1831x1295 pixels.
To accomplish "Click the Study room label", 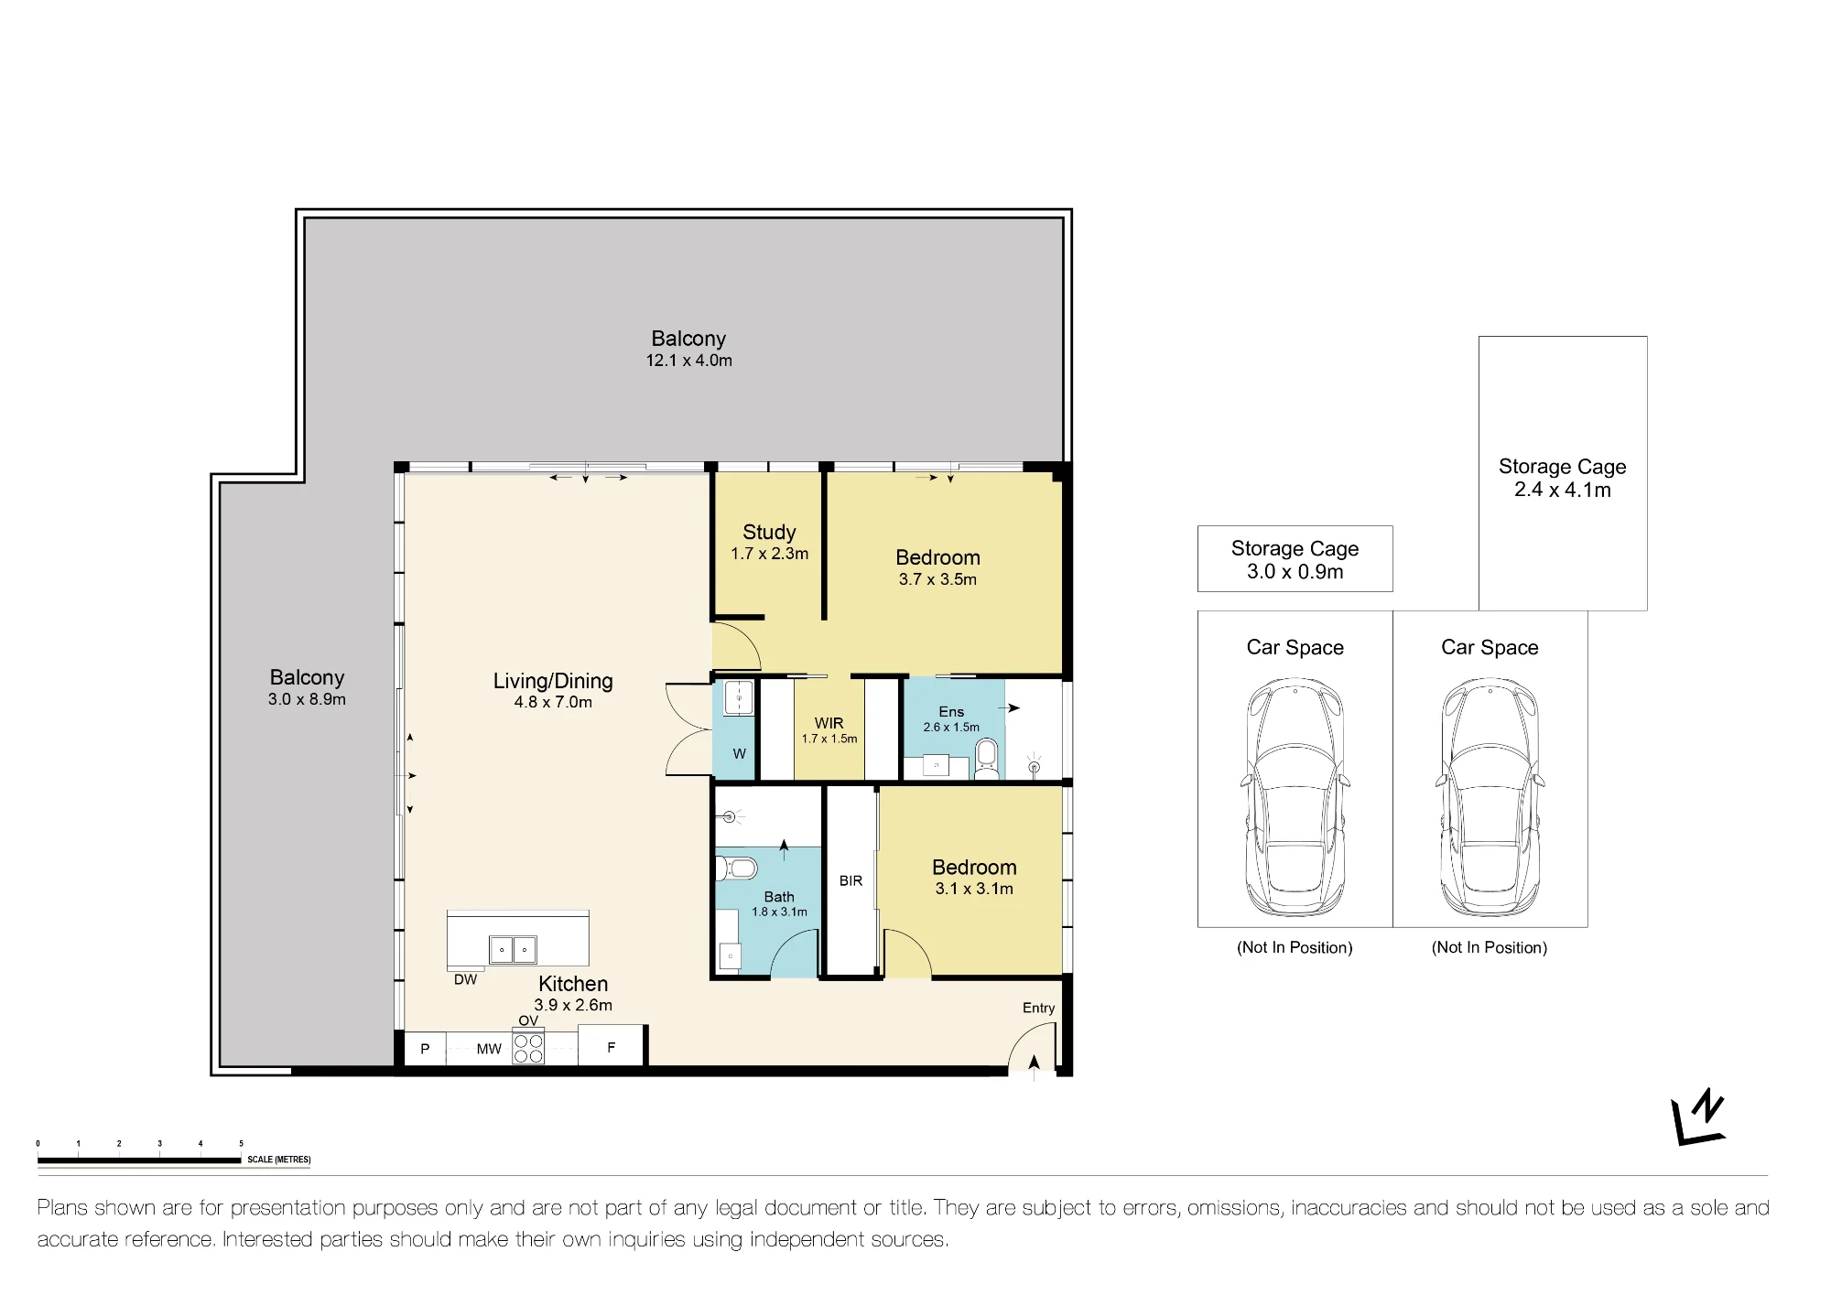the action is point(769,532).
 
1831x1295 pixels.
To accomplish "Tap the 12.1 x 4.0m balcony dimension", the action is point(688,361).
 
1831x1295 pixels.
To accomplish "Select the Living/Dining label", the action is point(553,681).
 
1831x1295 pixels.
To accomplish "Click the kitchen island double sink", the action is point(513,950).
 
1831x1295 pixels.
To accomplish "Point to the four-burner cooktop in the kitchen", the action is point(528,1048).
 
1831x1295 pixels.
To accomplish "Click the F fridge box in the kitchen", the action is point(612,1047).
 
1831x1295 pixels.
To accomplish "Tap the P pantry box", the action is point(425,1049).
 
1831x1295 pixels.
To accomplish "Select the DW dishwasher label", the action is point(465,979).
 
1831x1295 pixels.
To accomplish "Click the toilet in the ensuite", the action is point(987,760).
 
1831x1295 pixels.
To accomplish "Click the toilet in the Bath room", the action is point(735,867).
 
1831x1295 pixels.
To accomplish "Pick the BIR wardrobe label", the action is point(850,880).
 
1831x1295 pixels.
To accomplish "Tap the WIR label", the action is point(829,723).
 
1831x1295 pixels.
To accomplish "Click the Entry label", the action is point(1038,1008).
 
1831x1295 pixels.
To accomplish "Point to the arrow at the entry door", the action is point(1035,1063).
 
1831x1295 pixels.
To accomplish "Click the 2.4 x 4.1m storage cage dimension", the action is point(1563,490).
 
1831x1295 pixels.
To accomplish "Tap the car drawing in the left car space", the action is point(1295,798).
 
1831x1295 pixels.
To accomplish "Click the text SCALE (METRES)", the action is point(279,1160).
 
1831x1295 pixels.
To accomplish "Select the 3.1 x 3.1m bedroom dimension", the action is point(974,889).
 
